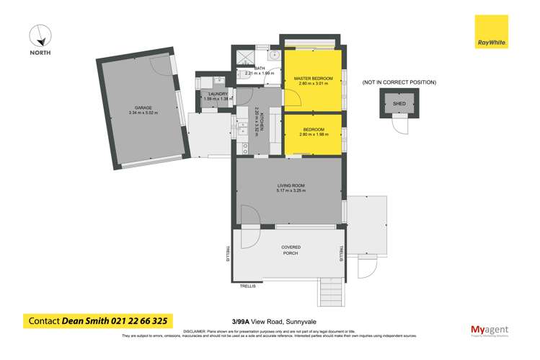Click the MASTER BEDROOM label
[x=312, y=78]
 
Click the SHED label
[x=399, y=104]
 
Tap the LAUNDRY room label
[x=218, y=95]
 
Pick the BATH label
[x=249, y=69]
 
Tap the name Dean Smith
[x=84, y=320]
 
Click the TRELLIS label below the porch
[x=248, y=286]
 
